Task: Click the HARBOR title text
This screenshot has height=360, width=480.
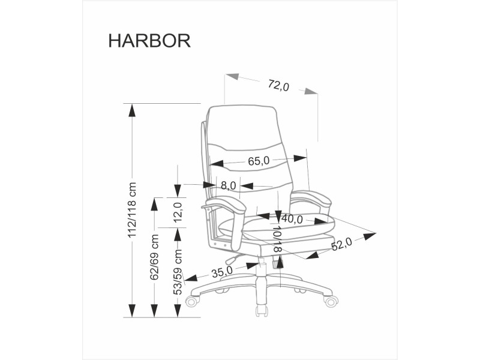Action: [149, 40]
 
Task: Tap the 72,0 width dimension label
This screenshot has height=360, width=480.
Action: [278, 86]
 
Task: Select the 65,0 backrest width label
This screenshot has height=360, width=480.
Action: [259, 161]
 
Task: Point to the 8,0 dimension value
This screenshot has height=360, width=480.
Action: [228, 185]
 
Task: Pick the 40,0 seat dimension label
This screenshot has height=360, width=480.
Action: [292, 219]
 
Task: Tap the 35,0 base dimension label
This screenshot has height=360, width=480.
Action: [221, 271]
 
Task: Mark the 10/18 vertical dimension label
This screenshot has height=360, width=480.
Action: [277, 238]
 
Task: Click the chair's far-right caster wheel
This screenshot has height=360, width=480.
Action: [331, 301]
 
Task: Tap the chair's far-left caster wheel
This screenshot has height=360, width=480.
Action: [192, 301]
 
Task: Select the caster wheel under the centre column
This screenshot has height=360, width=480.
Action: [262, 311]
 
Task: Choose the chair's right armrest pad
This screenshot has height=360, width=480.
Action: [311, 197]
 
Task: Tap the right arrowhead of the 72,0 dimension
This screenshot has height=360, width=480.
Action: [311, 92]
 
